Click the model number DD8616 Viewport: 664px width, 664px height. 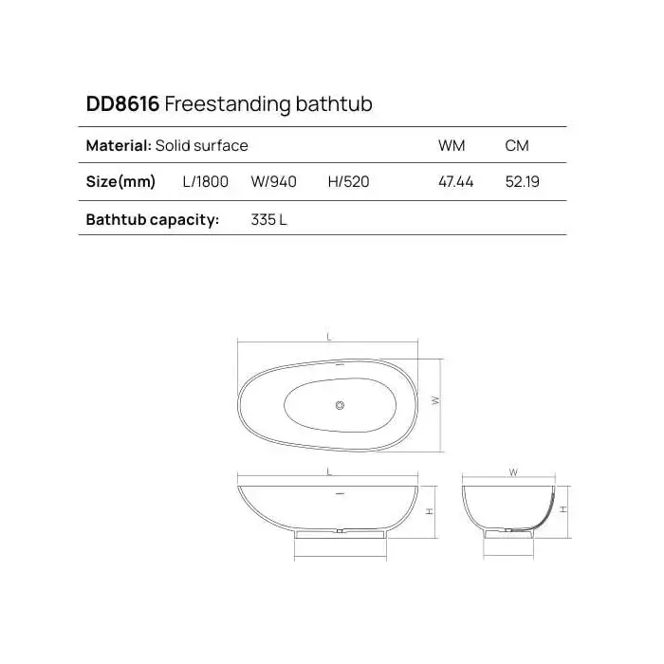[x=122, y=103]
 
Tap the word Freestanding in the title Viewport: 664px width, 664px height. [x=227, y=104]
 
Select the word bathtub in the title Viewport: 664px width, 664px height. [x=334, y=103]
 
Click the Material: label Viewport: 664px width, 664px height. [x=119, y=146]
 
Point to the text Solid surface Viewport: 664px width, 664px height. [x=201, y=146]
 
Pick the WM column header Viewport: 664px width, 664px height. [x=452, y=146]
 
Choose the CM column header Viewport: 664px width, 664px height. [x=517, y=146]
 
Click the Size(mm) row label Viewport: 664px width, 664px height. [x=120, y=182]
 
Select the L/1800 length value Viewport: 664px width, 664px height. [x=206, y=182]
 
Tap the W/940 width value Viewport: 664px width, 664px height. [x=273, y=182]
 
